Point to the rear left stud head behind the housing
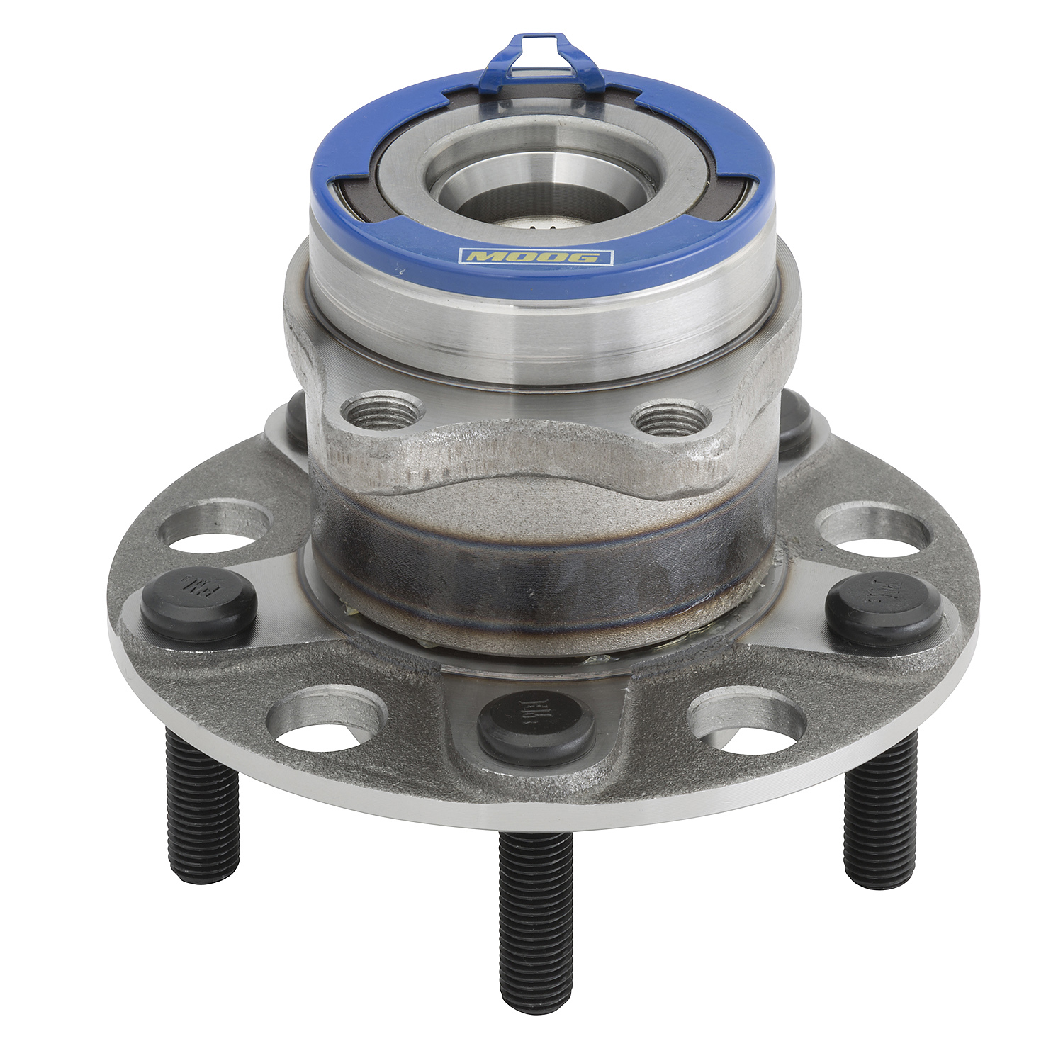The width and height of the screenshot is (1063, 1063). [297, 417]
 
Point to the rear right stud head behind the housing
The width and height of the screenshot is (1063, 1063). [794, 423]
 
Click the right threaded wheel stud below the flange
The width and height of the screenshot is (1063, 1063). [879, 815]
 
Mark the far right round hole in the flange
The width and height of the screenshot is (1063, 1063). [874, 531]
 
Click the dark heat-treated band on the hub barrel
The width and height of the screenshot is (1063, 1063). [539, 567]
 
